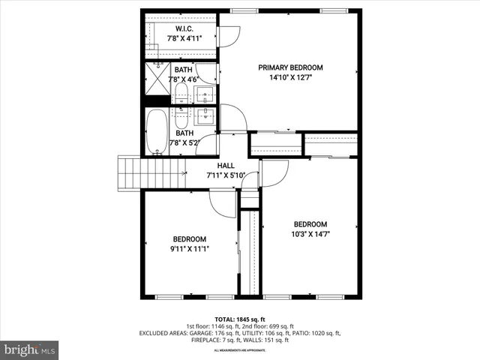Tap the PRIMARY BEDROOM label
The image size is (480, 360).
coord(290,67)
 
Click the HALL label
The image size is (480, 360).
coord(226,166)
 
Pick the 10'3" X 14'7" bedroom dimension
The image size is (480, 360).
coord(310,234)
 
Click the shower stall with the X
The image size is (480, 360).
coord(157,81)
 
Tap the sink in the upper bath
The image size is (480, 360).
coord(205,94)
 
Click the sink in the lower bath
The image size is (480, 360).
coord(205,117)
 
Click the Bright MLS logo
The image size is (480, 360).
coord(30,349)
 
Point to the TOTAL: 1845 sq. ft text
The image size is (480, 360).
coord(239,319)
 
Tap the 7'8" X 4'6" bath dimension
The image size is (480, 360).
coord(184,79)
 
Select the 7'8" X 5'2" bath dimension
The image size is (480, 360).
coord(184,142)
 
